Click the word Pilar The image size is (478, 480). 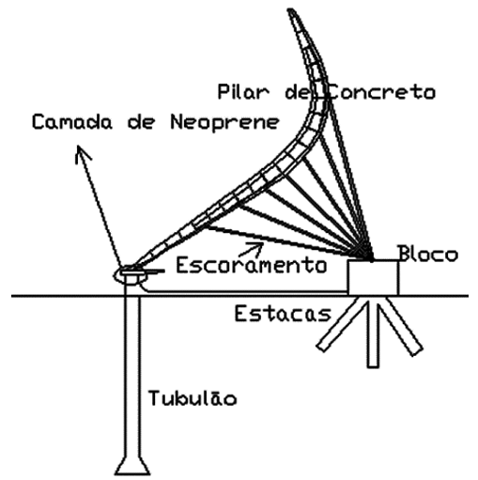click(243, 92)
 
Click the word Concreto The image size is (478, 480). click(381, 92)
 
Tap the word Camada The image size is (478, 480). click(71, 122)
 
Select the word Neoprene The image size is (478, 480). click(224, 122)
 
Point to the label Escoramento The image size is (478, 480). click(252, 266)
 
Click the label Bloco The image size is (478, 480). click(428, 254)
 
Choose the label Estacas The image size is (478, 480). click(283, 314)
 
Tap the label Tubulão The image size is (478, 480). click(193, 397)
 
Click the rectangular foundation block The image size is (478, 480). click(373, 277)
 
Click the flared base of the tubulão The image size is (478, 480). click(132, 467)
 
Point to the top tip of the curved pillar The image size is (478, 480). click(290, 10)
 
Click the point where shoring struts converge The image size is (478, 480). click(368, 255)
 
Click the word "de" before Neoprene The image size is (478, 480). click(141, 122)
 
